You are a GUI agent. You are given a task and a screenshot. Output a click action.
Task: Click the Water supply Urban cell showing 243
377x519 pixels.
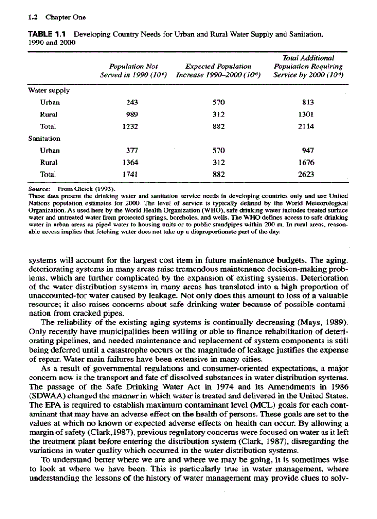132,103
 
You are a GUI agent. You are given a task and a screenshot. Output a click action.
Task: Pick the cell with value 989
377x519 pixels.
132,115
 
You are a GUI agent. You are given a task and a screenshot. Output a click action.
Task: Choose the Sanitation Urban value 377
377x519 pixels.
133,150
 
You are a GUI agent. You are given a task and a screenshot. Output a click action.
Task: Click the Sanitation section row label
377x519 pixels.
44,138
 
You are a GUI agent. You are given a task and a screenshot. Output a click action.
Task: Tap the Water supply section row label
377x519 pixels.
47,91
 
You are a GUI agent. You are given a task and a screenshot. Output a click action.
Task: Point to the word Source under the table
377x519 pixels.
39,189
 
